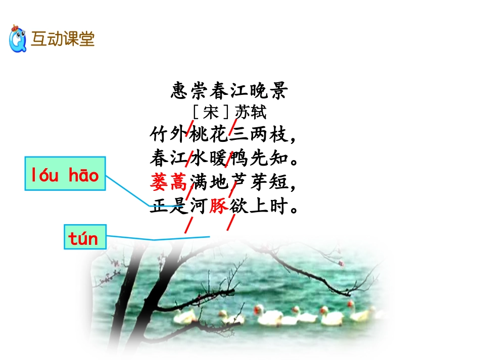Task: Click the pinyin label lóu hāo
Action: pos(65,175)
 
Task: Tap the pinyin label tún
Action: pos(84,237)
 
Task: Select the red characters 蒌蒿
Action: pos(169,182)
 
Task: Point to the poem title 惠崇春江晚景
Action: pos(229,91)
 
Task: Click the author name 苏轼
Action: pos(251,112)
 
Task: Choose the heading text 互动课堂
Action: pos(63,39)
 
